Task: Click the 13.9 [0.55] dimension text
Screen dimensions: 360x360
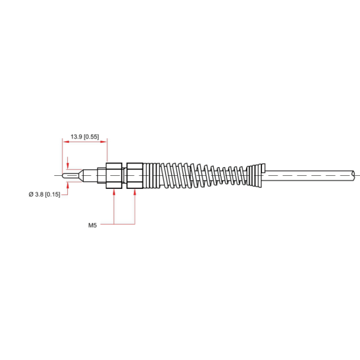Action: tap(84, 136)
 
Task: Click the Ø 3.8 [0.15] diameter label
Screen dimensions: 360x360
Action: tap(44, 194)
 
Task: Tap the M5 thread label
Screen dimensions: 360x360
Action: tap(92, 225)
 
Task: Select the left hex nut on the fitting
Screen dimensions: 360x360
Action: tap(113, 175)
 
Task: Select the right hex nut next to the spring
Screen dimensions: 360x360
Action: tap(135, 175)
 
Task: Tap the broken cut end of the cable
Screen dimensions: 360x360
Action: tap(354, 175)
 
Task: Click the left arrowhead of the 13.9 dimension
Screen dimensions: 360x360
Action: tap(64, 141)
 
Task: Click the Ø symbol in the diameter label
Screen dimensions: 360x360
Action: tap(31, 194)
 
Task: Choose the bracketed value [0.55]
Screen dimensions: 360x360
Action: tap(91, 136)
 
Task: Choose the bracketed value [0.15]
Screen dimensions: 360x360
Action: tap(53, 194)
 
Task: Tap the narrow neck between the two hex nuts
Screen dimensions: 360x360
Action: tap(124, 175)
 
